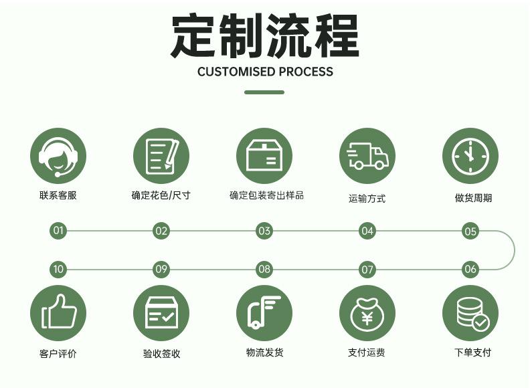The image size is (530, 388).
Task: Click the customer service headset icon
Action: point(58,156)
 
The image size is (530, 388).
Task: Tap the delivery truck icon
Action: point(367,156)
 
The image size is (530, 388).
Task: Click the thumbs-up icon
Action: point(58,312)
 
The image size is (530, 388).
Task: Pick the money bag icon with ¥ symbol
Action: point(367,313)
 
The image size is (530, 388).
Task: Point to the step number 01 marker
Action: point(58,231)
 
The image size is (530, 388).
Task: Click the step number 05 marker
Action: point(470,231)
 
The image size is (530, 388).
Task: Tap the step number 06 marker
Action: point(470,270)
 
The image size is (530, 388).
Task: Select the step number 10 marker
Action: point(58,270)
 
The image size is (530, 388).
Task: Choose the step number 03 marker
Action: point(264,231)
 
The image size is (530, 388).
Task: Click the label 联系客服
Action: point(58,196)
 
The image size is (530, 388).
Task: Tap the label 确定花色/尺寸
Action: point(161,196)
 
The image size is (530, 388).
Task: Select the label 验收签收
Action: point(161,354)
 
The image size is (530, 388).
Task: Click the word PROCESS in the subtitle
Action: point(305,72)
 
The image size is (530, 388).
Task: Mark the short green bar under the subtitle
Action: point(264,92)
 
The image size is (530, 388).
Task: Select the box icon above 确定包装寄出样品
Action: point(264,157)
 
